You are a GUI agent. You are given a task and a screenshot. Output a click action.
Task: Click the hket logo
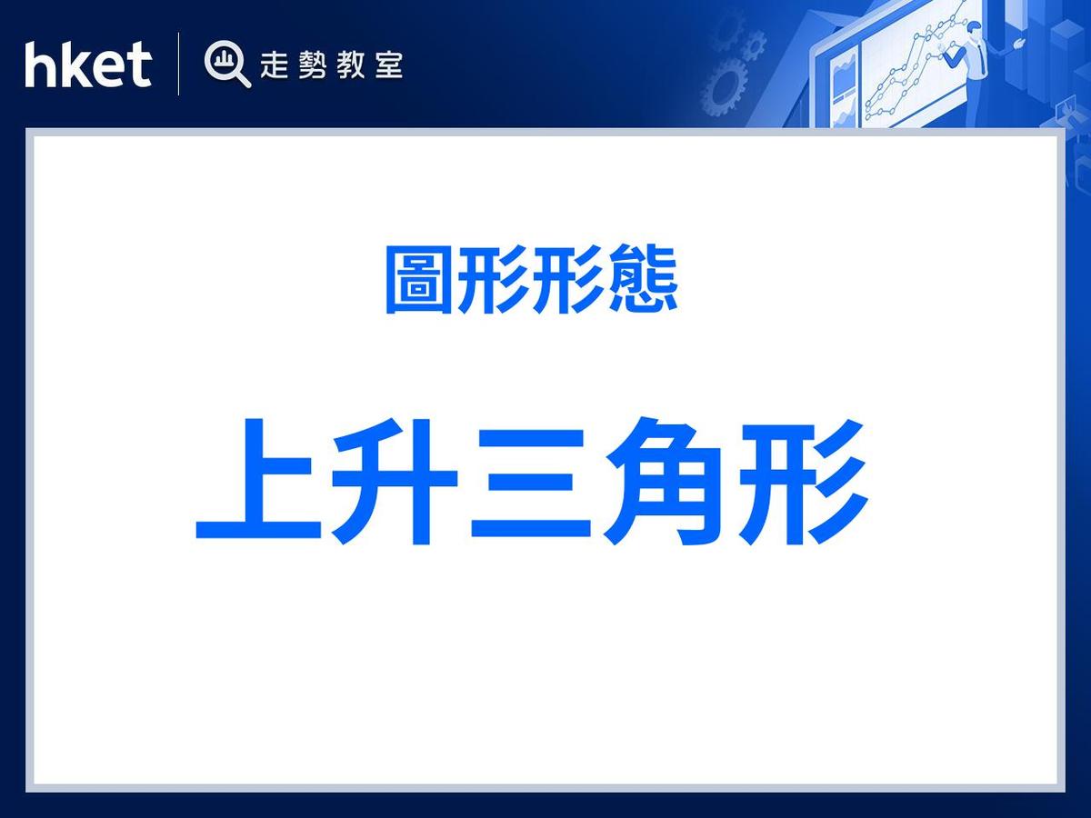87,65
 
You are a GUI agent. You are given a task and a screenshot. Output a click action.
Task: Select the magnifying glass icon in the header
226,65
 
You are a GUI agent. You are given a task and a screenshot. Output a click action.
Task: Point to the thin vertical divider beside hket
178,64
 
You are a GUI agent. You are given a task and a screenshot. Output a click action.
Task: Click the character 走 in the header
275,65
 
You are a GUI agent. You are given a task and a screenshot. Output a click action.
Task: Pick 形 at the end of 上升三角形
806,482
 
